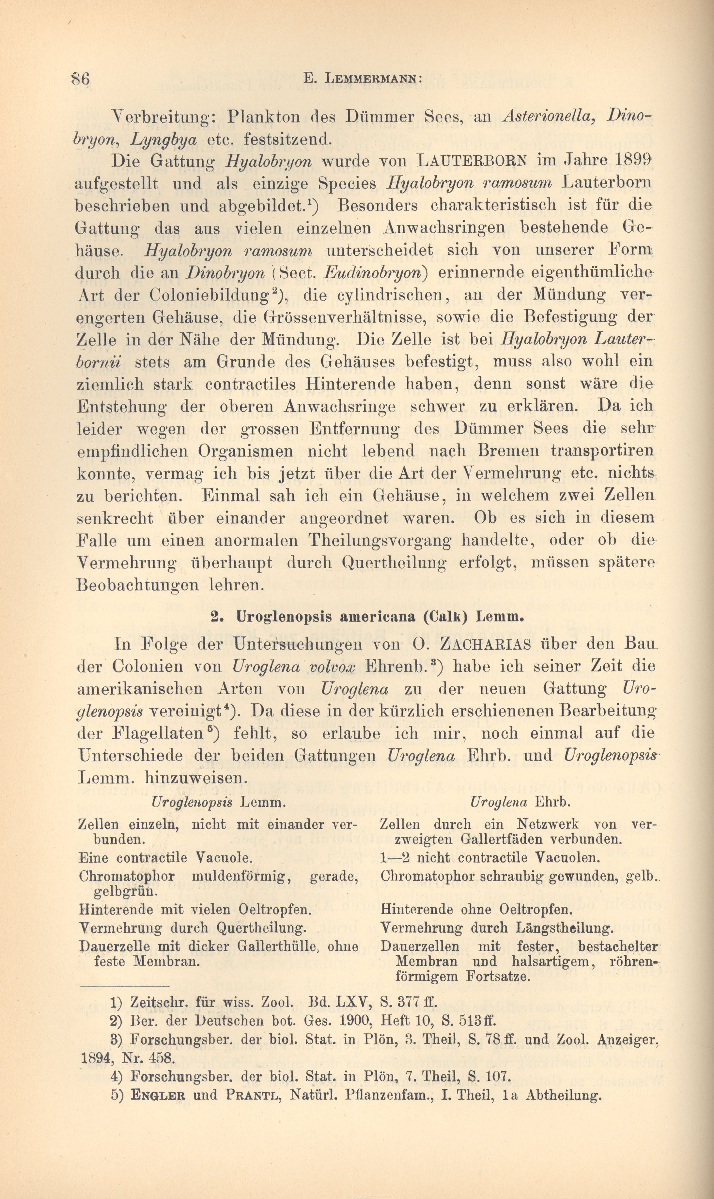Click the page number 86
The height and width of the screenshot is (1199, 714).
point(80,78)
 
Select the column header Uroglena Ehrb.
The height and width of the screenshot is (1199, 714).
point(520,802)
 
